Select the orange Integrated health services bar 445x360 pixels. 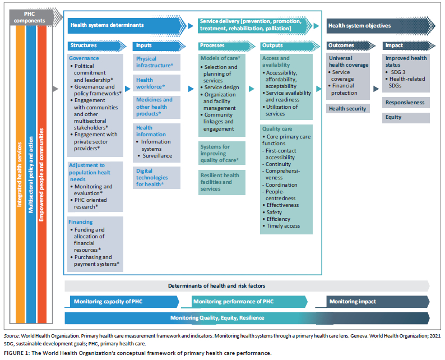(20, 174)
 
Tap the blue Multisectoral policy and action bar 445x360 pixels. (31, 174)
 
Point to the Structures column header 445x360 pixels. (97, 46)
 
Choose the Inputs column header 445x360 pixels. (159, 46)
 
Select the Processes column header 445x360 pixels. (226, 46)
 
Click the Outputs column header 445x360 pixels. (290, 46)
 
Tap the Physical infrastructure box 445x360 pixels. (156, 62)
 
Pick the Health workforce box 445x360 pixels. (156, 83)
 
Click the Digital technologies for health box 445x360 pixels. (156, 178)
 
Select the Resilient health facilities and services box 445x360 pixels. (221, 182)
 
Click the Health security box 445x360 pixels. (348, 109)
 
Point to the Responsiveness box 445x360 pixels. (406, 103)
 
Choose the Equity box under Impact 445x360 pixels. (406, 118)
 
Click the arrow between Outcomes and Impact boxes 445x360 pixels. (376, 89)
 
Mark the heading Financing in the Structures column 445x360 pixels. (81, 222)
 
